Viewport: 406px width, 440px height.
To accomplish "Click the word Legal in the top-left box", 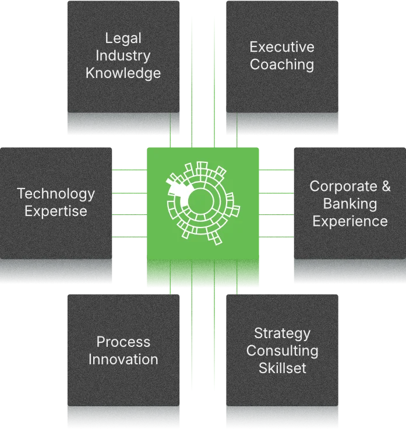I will click(x=123, y=38).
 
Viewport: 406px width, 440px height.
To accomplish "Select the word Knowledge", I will click(x=123, y=73).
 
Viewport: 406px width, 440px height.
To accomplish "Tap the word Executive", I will click(x=282, y=47).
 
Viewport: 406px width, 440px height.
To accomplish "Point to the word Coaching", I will click(x=282, y=65).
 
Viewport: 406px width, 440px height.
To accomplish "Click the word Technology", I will click(x=56, y=193).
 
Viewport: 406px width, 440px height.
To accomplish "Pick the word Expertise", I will click(x=56, y=211).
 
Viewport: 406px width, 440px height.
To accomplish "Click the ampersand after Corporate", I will click(x=386, y=186).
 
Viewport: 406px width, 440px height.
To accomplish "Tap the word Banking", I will click(x=350, y=204).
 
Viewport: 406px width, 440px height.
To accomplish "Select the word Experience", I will click(x=350, y=221).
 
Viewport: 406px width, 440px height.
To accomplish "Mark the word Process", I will click(x=123, y=342).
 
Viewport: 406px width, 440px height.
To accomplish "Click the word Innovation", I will click(x=123, y=359).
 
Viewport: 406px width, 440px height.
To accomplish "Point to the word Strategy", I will click(x=283, y=333).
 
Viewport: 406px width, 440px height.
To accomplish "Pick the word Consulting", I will click(x=283, y=351).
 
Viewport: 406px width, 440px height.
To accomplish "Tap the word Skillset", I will click(x=283, y=368).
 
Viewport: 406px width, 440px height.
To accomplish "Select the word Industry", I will click(x=123, y=56).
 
